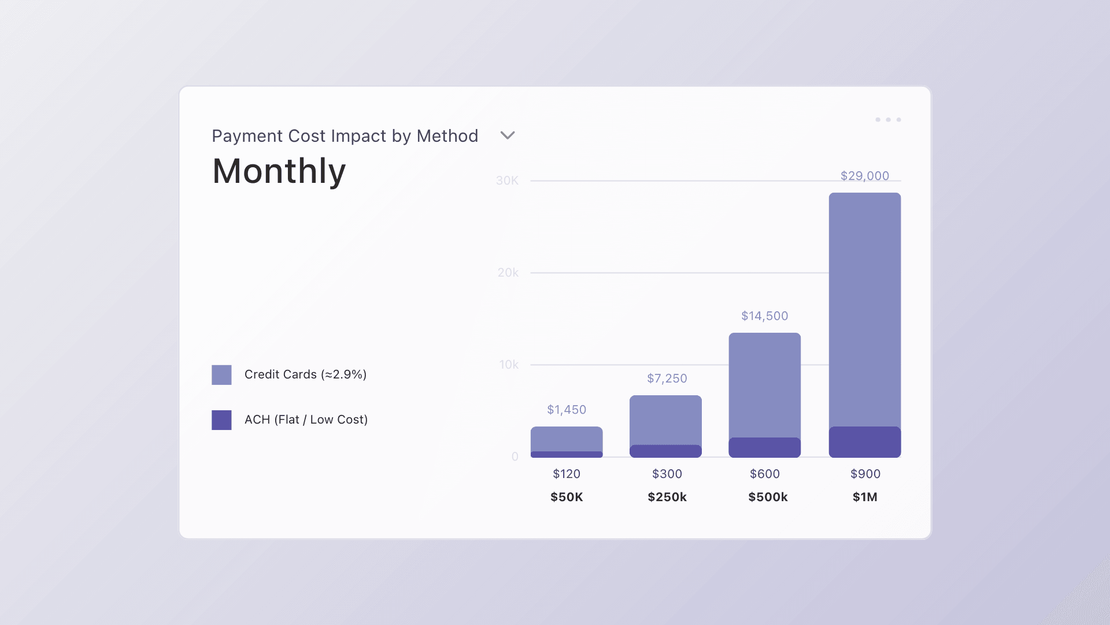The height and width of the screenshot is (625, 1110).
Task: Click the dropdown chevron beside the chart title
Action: pos(507,135)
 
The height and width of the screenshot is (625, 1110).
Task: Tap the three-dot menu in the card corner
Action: pos(888,120)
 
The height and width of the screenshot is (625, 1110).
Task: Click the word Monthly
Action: pos(279,171)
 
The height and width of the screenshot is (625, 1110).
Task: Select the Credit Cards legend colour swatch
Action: pos(221,375)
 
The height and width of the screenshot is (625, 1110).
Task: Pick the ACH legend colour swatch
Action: pos(221,420)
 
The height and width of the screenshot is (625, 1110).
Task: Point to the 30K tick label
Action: pos(507,181)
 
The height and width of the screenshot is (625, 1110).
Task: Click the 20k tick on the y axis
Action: pos(508,273)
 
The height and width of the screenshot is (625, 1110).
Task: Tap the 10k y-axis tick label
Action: pos(509,365)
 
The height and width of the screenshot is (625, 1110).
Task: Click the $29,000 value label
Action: pos(864,176)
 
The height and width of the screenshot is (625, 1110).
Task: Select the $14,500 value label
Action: pos(764,316)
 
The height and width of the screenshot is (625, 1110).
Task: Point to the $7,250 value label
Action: pos(667,378)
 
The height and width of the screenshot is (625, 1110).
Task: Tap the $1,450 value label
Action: pos(567,410)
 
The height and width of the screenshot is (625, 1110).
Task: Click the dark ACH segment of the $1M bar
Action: pos(864,442)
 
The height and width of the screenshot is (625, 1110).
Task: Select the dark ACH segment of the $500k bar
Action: pos(764,447)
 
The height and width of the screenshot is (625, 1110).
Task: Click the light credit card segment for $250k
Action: pos(665,420)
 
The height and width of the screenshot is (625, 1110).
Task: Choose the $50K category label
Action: pos(567,497)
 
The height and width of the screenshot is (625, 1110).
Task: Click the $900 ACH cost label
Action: pos(865,474)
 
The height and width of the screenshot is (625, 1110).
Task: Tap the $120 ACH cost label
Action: pos(567,474)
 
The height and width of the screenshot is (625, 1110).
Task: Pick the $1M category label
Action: pos(865,497)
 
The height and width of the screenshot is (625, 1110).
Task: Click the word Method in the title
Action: pos(447,136)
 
